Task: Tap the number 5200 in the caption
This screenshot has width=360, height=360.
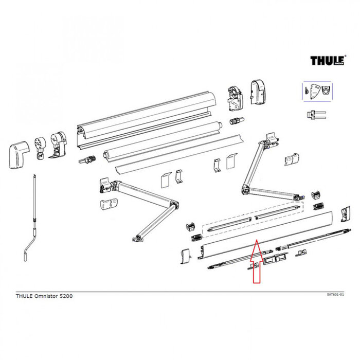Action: tap(73, 297)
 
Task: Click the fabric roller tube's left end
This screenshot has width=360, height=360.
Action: tap(107, 154)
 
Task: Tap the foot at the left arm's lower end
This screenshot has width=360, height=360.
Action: tap(137, 238)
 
